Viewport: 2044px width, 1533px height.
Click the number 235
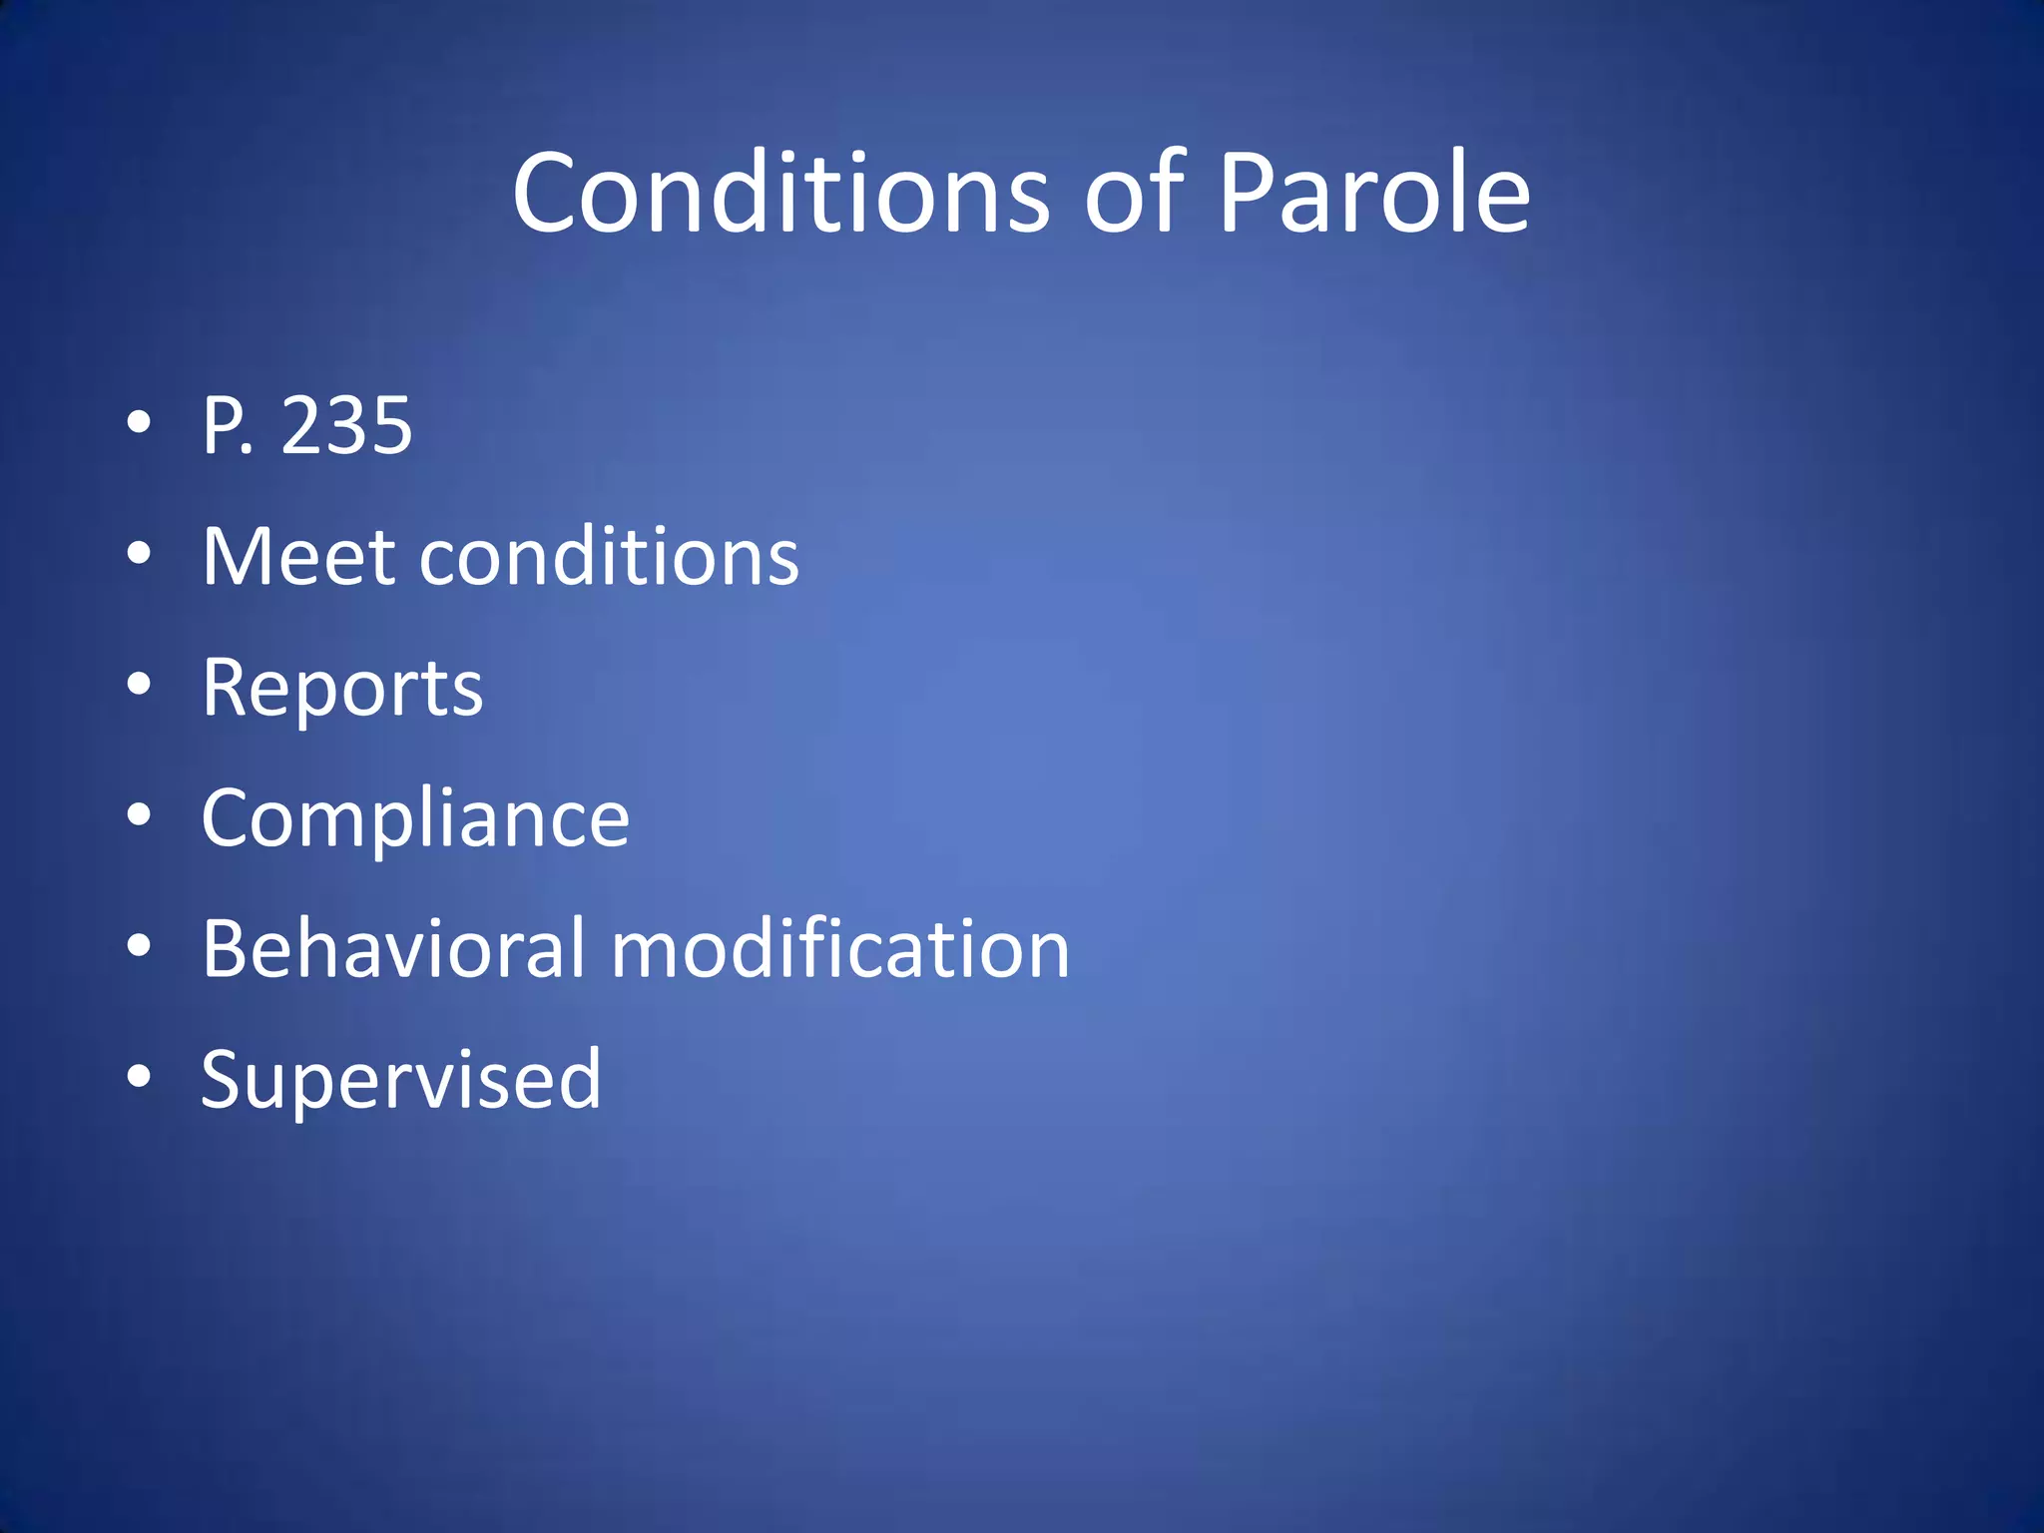[346, 426]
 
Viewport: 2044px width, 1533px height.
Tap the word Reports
[342, 688]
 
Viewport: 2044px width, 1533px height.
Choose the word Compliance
[415, 818]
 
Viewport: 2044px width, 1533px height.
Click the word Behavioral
[393, 948]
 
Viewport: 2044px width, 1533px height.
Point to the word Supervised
[401, 1079]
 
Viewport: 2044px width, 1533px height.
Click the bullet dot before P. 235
[140, 423]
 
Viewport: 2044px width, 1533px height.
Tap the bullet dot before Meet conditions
[140, 554]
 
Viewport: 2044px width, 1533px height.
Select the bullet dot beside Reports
[140, 685]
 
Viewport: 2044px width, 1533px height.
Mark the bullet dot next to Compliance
[140, 815]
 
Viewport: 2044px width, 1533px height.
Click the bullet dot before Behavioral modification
[140, 946]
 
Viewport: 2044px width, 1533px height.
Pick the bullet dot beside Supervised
[140, 1077]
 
